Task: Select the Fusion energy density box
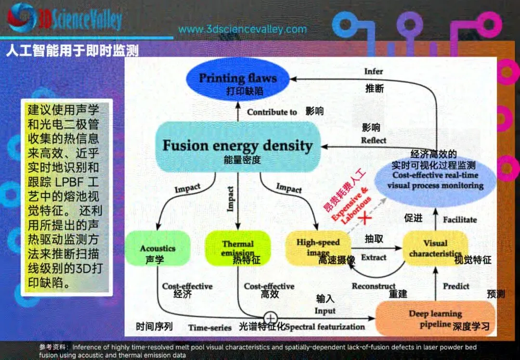pyautogui.click(x=237, y=146)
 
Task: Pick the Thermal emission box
pyautogui.click(x=237, y=248)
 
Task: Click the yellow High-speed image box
pyautogui.click(x=318, y=247)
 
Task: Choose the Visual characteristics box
pyautogui.click(x=435, y=248)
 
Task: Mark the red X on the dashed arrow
pyautogui.click(x=366, y=218)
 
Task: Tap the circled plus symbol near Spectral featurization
pyautogui.click(x=271, y=318)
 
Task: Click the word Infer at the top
pyautogui.click(x=374, y=72)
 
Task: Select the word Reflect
pyautogui.click(x=374, y=141)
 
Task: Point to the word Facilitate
pyautogui.click(x=460, y=219)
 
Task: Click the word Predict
pyautogui.click(x=456, y=286)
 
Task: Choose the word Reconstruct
pyautogui.click(x=374, y=286)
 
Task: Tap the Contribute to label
pyautogui.click(x=272, y=112)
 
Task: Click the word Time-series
pyautogui.click(x=210, y=328)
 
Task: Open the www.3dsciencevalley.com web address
pyautogui.click(x=242, y=29)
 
